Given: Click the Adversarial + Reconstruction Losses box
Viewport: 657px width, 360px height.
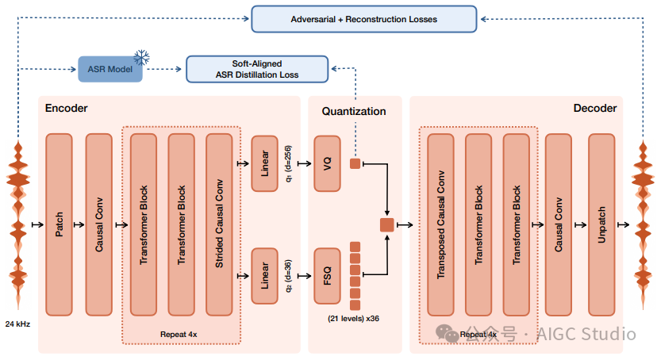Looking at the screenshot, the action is click(363, 19).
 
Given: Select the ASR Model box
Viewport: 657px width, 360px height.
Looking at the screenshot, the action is click(110, 69).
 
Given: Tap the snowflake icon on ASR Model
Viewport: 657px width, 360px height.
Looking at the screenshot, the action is click(141, 58).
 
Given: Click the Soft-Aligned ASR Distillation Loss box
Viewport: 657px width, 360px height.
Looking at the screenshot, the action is click(257, 69).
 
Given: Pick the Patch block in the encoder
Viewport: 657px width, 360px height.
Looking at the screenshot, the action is click(59, 224).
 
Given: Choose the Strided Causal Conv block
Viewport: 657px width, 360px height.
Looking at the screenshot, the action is click(219, 224).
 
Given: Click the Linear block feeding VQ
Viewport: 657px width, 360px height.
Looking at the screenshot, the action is click(264, 163).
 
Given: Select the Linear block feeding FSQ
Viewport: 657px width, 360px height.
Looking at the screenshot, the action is click(264, 276).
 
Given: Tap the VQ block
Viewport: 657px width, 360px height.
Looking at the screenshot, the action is click(327, 163).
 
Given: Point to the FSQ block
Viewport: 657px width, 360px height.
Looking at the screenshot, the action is click(327, 276).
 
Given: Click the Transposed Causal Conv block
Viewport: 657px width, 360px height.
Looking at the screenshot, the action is click(441, 224).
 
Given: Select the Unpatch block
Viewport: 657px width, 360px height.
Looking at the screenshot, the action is click(601, 224).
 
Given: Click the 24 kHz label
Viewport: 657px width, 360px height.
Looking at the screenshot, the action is click(17, 324).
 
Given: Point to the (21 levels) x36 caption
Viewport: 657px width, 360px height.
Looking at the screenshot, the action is click(353, 319).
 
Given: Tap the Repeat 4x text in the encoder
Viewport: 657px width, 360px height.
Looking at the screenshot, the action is click(179, 335).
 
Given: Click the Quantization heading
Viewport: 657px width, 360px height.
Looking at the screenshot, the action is click(354, 111).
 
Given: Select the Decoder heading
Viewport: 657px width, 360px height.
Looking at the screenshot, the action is click(595, 108).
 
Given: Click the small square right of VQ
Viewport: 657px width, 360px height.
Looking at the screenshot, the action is click(355, 163).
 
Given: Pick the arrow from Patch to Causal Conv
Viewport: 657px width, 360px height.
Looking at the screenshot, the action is click(79, 224).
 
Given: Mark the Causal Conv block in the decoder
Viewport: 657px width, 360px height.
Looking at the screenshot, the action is click(558, 224).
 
